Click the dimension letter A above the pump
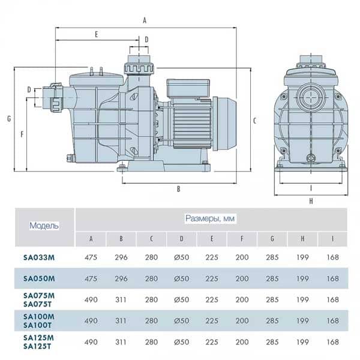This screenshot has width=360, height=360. click(145, 20)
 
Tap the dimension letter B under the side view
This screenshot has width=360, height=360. click(178, 189)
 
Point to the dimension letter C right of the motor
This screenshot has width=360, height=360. click(254, 121)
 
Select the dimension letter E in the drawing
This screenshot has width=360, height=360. click(97, 34)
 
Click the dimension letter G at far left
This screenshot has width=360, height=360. click(9, 119)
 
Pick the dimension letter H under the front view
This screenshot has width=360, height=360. click(311, 201)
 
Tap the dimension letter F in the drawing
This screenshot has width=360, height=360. click(22, 134)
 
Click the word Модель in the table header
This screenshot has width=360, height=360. click(44, 226)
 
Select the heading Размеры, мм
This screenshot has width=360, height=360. click(210, 218)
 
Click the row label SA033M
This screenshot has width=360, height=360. click(39, 257)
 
